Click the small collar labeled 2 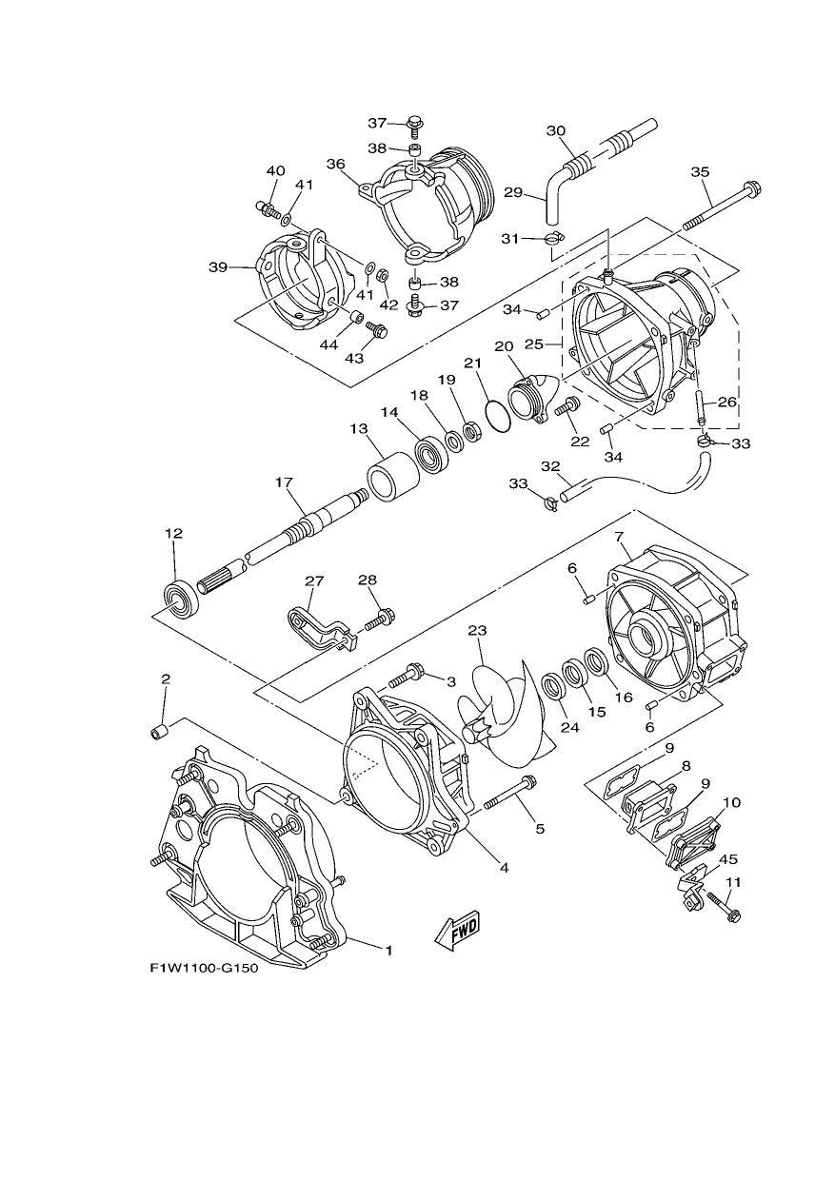[x=160, y=732]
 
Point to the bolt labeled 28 [x=380, y=618]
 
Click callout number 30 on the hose [x=556, y=130]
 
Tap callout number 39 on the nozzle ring [x=218, y=267]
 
